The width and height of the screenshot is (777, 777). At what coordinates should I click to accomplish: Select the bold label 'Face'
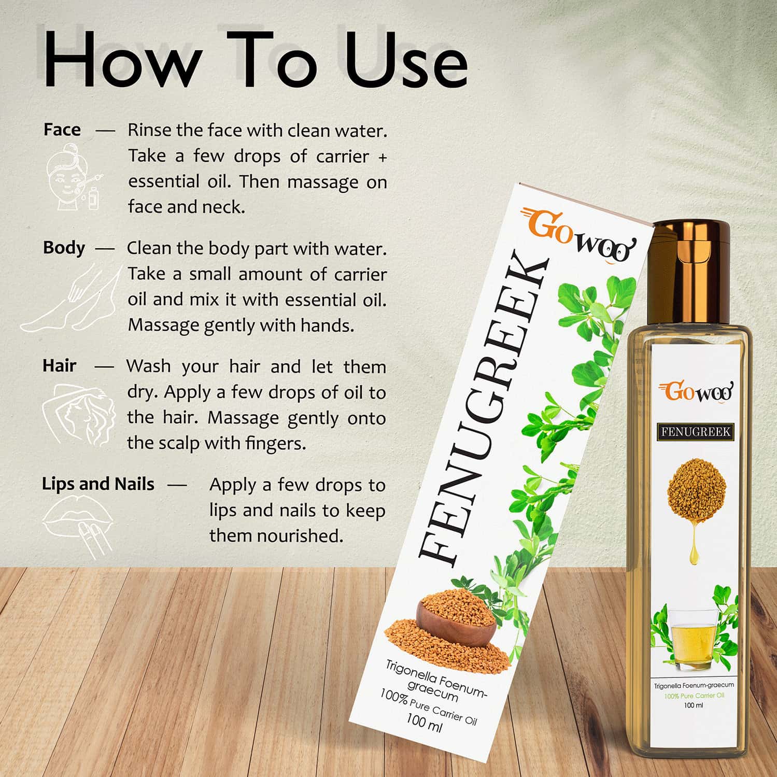[62, 130]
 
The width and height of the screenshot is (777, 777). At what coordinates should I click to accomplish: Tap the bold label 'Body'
[64, 248]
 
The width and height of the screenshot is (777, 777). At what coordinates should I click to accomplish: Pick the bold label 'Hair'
[59, 366]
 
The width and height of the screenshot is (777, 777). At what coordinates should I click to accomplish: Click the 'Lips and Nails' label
[98, 484]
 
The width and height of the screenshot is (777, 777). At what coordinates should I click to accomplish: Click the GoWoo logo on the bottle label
[696, 392]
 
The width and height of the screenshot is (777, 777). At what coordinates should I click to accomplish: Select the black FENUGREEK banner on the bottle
[696, 431]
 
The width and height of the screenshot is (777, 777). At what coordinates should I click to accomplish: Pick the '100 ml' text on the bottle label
[693, 705]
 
